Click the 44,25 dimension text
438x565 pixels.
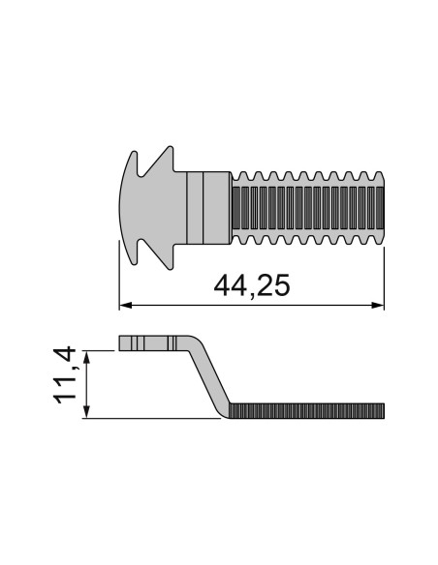point(250,286)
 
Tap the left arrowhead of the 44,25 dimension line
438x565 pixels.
point(123,307)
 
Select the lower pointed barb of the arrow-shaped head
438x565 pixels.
point(166,260)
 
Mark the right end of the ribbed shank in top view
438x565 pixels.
point(382,207)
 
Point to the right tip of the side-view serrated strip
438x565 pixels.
point(383,412)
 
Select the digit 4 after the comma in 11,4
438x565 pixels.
point(68,359)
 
